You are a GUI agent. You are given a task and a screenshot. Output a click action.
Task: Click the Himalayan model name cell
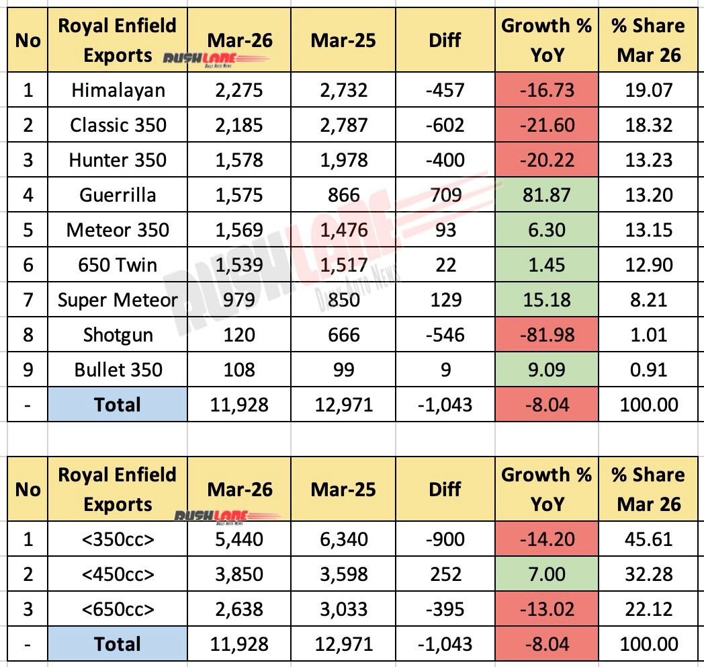click(118, 90)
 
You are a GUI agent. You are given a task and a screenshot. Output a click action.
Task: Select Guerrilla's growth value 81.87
click(547, 195)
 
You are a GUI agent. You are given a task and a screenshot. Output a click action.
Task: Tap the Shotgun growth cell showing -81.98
click(547, 335)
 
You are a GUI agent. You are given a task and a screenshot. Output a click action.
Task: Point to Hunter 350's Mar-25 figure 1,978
click(344, 160)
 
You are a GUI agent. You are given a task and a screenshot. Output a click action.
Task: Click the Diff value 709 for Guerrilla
click(445, 195)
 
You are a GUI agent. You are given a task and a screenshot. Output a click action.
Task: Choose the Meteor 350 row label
click(118, 230)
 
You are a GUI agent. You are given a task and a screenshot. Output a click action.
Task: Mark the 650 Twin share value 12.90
click(649, 265)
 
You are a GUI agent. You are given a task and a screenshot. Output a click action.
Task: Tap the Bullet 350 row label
click(118, 370)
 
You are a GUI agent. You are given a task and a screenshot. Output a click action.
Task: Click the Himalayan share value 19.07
click(649, 90)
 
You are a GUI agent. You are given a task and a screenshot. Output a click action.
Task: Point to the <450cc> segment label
click(118, 574)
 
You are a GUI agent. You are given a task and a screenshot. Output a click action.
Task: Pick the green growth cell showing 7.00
click(547, 574)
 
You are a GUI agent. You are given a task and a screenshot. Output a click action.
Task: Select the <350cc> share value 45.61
click(649, 539)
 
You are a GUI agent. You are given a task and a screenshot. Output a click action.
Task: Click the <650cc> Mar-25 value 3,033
click(344, 609)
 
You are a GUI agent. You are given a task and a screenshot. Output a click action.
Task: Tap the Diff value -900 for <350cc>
click(445, 539)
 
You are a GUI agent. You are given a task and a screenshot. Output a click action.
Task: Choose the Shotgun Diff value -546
click(445, 335)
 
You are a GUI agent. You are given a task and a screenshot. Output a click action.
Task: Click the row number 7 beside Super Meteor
click(28, 300)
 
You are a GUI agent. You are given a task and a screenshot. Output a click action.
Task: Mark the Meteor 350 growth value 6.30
click(547, 230)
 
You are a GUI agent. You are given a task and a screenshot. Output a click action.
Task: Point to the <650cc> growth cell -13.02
click(547, 609)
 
